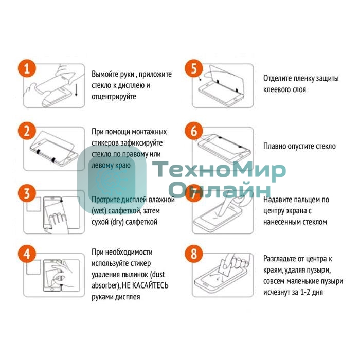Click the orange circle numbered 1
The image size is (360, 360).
tap(27, 68)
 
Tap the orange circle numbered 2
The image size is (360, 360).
tap(27, 131)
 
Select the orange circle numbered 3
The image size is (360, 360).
tap(27, 193)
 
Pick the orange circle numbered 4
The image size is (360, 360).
tap(27, 254)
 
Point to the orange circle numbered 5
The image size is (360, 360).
tap(194, 68)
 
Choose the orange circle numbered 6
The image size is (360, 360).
tap(194, 131)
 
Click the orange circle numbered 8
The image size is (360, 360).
tap(194, 254)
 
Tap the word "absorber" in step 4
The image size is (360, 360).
tap(105, 285)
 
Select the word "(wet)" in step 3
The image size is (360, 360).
tap(99, 211)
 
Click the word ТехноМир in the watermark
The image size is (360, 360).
tap(219, 171)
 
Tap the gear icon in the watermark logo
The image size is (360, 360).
tap(112, 180)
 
